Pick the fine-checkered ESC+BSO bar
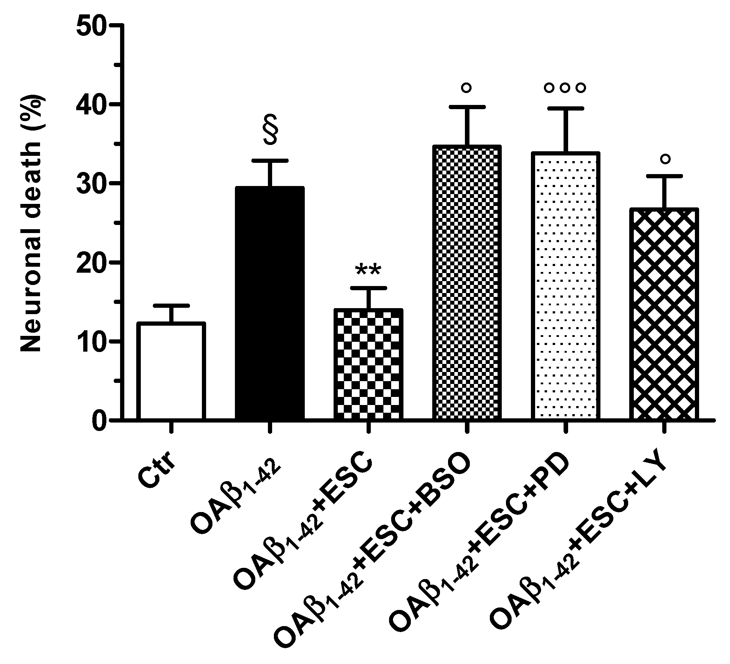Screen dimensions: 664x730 (467, 283)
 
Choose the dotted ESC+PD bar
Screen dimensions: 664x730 (566, 286)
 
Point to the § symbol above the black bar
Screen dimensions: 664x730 (270, 129)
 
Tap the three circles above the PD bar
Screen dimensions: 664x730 (565, 88)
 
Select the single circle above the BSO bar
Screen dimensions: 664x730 (467, 88)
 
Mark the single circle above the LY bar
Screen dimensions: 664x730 (665, 159)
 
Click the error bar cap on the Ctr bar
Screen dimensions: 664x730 (171, 306)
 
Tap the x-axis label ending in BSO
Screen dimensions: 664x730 (373, 550)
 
